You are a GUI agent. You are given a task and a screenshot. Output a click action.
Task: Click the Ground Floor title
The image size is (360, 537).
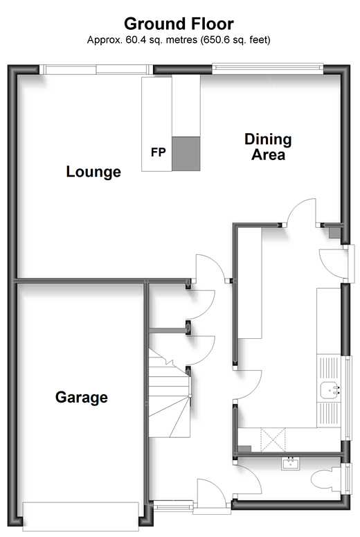pyautogui.click(x=179, y=24)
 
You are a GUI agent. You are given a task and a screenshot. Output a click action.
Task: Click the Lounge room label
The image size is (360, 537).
pyautogui.click(x=93, y=172)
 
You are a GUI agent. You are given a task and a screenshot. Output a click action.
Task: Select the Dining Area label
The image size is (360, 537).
pyautogui.click(x=269, y=147)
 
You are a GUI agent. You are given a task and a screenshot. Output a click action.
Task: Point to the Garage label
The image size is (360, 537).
pyautogui.click(x=82, y=397)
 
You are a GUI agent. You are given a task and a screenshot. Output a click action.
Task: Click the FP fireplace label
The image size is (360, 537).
pyautogui.click(x=159, y=152)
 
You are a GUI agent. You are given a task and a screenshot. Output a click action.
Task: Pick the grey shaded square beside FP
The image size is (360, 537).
pyautogui.click(x=186, y=154)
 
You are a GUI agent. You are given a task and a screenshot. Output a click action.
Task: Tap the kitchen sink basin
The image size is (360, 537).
pyautogui.click(x=330, y=390)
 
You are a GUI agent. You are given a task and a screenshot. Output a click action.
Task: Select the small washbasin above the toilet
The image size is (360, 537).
pyautogui.click(x=291, y=464)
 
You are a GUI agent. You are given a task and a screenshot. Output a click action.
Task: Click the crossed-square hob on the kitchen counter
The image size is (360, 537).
pyautogui.click(x=273, y=440)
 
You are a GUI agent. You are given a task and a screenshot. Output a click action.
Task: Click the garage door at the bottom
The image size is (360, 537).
pyautogui.click(x=81, y=516)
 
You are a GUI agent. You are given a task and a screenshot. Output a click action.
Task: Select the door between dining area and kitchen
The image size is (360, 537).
pyautogui.click(x=301, y=212)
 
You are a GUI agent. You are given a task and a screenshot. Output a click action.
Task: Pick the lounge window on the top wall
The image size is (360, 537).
pyautogui.click(x=96, y=69)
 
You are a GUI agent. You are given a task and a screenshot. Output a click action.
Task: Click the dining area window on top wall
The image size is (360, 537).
pyautogui.click(x=268, y=69)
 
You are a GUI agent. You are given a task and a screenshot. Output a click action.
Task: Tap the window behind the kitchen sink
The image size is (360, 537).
pyautogui.click(x=348, y=398)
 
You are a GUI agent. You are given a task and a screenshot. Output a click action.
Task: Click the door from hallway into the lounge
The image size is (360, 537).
pyautogui.click(x=210, y=268)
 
